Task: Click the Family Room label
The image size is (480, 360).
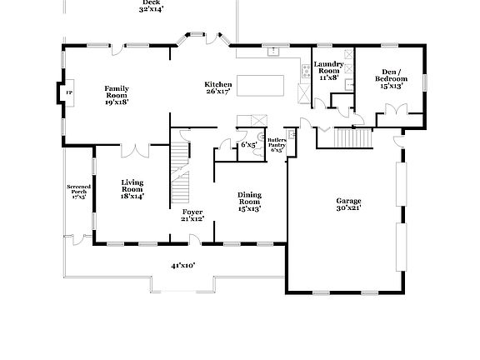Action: [115, 95]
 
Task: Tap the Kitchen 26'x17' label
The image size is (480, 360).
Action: [219, 89]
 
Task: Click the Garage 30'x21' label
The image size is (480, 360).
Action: [348, 204]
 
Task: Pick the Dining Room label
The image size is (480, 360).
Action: [249, 201]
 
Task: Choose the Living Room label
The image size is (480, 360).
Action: [132, 188]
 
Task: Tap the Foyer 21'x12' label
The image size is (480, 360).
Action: [192, 215]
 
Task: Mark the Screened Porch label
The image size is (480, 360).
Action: [77, 193]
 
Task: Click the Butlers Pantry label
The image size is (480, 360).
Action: [276, 145]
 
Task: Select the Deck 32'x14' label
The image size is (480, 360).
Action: [151, 6]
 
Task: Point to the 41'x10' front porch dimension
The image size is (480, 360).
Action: [182, 266]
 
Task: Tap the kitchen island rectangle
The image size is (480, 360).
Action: [261, 84]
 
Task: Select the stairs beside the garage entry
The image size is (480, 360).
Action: [342, 139]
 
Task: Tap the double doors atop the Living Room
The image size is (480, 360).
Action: [134, 150]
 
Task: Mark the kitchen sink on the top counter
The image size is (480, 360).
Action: [272, 52]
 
